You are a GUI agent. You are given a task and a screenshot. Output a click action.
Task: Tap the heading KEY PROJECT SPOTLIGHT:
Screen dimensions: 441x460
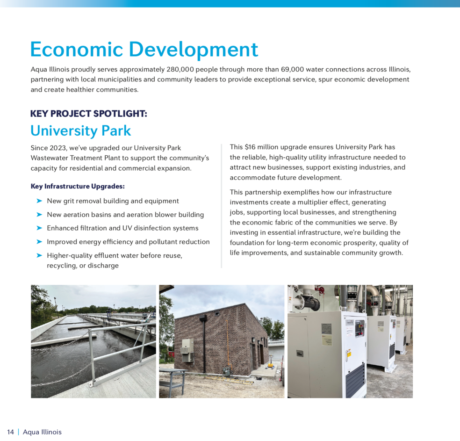(x=88, y=114)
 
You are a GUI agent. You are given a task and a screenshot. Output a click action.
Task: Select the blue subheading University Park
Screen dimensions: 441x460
(x=80, y=130)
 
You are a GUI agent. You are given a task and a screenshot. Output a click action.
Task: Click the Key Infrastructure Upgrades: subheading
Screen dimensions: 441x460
(x=78, y=186)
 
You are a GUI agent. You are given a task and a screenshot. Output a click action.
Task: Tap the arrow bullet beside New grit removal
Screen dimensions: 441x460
(x=39, y=201)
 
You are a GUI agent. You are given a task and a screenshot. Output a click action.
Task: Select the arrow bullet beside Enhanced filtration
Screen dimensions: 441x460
(x=39, y=228)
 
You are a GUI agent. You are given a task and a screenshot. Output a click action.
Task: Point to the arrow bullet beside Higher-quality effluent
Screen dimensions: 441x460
(x=39, y=255)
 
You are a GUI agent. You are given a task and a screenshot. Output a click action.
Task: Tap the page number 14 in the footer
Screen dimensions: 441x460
(x=10, y=432)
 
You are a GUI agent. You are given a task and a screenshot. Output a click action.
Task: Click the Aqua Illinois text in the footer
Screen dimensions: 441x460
(x=42, y=432)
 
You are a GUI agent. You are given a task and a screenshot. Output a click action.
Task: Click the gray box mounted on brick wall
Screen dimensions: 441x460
(x=187, y=347)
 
